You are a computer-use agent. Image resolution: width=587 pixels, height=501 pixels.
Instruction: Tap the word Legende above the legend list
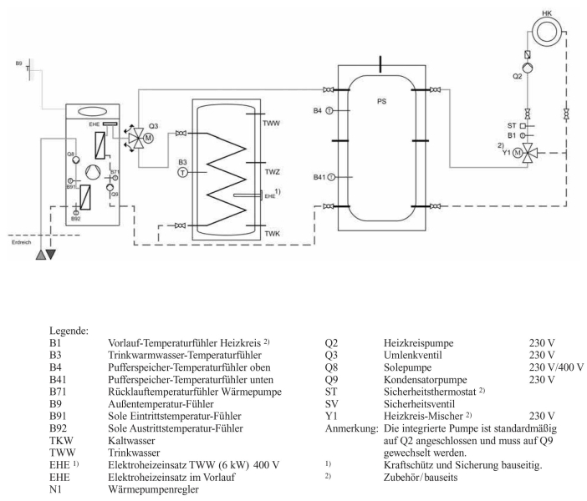pos(74,330)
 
